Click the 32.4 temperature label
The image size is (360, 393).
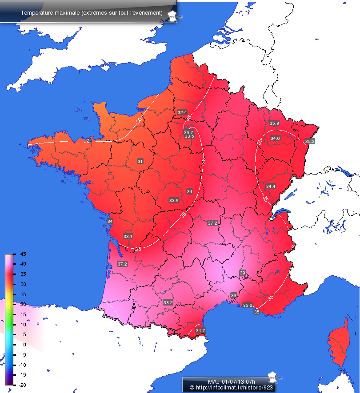[x=182, y=112]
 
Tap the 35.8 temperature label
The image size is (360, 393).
[x=274, y=123]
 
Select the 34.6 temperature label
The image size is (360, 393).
[x=275, y=139]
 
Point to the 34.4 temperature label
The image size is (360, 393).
[x=271, y=186]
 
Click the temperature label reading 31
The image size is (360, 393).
[x=140, y=161]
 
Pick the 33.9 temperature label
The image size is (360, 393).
[x=174, y=201]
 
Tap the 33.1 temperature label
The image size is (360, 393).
[x=128, y=236]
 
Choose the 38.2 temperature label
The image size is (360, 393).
[x=168, y=302]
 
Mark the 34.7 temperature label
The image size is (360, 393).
[x=200, y=330]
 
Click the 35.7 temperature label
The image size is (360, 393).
[x=188, y=132]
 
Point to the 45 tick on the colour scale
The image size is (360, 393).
[x=23, y=254]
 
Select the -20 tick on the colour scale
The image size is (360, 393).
[x=23, y=385]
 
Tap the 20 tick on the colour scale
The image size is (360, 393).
[x=23, y=305]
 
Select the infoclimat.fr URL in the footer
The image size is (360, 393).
[x=233, y=388]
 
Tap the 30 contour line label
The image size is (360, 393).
[x=139, y=120]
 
